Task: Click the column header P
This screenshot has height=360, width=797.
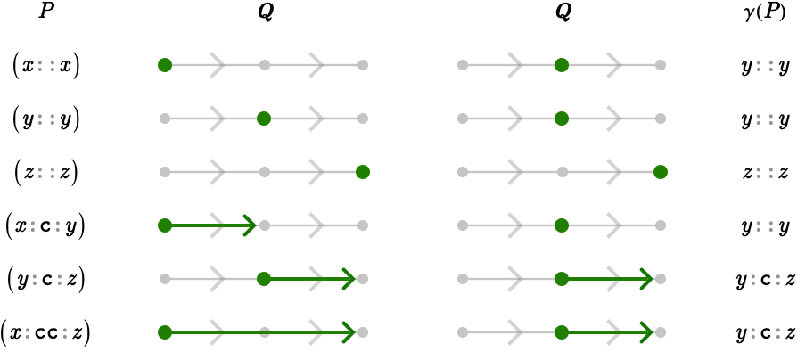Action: click(x=46, y=12)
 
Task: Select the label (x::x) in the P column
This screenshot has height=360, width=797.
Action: click(x=45, y=67)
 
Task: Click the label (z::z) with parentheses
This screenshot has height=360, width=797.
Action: click(x=45, y=173)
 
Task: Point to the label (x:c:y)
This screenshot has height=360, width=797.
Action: click(x=45, y=226)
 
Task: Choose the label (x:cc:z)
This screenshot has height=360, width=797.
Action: click(x=45, y=333)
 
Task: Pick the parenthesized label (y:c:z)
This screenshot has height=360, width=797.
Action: click(x=45, y=280)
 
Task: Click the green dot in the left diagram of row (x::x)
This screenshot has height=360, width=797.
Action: click(x=165, y=65)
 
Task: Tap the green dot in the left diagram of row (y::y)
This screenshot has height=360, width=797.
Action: click(x=264, y=119)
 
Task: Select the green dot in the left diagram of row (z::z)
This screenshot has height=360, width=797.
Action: click(x=363, y=172)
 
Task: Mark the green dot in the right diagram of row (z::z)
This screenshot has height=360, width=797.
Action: click(x=661, y=172)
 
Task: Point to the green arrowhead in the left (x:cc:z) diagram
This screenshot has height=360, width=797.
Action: click(x=349, y=332)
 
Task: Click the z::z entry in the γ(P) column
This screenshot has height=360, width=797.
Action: click(x=765, y=173)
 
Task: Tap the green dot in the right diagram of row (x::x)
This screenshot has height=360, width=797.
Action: click(x=561, y=65)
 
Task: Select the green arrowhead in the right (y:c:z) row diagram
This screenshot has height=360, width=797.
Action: click(x=646, y=279)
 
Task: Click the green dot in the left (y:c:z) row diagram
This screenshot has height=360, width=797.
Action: click(x=264, y=279)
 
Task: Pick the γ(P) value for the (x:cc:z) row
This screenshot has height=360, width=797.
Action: click(x=765, y=333)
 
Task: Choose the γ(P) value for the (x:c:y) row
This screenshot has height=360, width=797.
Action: click(x=765, y=227)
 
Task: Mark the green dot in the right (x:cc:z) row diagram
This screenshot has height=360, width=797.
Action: click(x=561, y=332)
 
